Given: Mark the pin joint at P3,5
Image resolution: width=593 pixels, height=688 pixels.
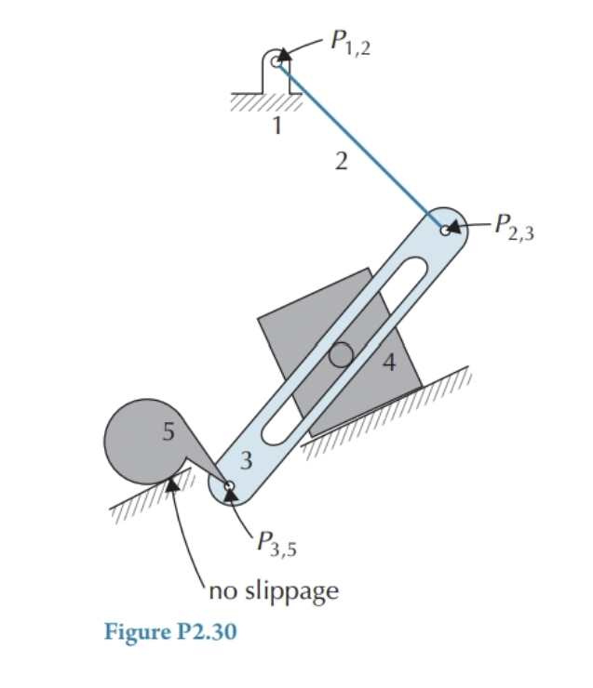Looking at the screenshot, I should [228, 484].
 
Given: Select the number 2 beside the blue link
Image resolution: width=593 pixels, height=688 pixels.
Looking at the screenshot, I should [342, 163].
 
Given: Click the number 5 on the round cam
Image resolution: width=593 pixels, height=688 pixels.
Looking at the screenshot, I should [168, 432].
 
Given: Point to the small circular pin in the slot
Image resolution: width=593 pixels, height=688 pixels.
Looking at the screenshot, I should [341, 354].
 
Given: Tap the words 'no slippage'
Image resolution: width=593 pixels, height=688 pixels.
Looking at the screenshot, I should [273, 589].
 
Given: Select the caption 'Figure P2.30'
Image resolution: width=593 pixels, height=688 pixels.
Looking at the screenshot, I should [170, 632].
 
